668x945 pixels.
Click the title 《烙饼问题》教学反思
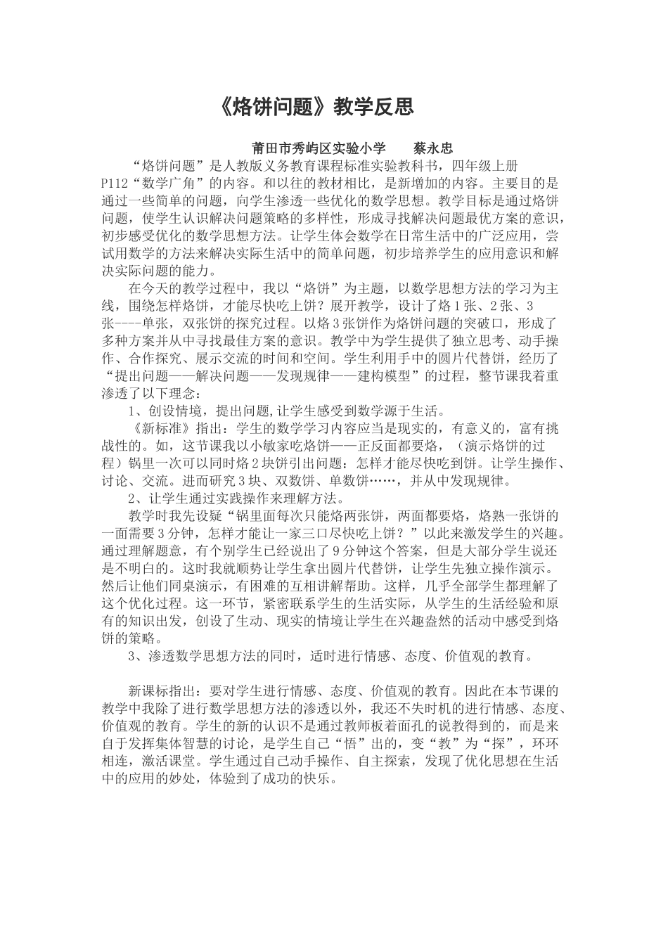click(313, 106)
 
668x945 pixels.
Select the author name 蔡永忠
click(432, 148)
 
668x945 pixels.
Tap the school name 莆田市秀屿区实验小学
click(319, 148)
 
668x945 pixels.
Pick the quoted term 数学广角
click(167, 183)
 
